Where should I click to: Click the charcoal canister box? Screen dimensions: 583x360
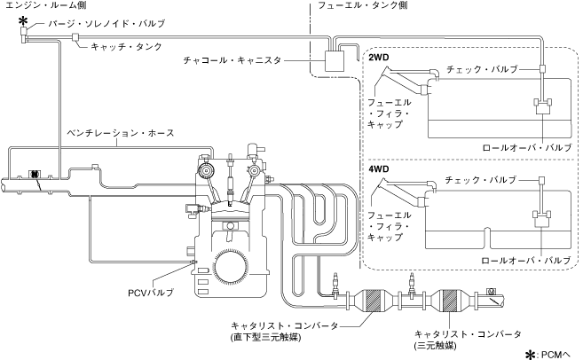tap(335, 60)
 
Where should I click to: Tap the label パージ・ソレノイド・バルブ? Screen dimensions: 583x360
tap(106, 23)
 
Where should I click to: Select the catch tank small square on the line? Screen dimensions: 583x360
tap(75, 36)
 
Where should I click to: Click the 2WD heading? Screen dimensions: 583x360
tap(379, 58)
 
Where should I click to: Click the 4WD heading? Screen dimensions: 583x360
tap(379, 169)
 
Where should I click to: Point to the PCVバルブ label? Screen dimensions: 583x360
tap(151, 293)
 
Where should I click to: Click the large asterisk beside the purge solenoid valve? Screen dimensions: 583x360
tap(23, 20)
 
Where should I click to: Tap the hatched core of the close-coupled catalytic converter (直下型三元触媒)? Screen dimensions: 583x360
tap(372, 300)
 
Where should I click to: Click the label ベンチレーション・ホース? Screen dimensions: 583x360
tap(121, 133)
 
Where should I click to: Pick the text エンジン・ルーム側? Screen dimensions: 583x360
tap(46, 4)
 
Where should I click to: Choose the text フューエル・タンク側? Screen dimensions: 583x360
tap(363, 4)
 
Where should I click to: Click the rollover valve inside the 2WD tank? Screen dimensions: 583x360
tap(543, 106)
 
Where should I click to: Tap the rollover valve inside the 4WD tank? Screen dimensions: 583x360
tap(541, 218)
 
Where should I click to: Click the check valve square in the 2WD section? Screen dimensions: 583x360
tap(542, 69)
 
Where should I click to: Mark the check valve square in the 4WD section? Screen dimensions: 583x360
tap(541, 181)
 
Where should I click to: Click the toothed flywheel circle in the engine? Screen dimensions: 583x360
tap(230, 265)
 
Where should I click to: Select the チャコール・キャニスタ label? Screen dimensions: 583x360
tap(232, 60)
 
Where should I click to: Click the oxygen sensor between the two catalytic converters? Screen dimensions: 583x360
tap(411, 286)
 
